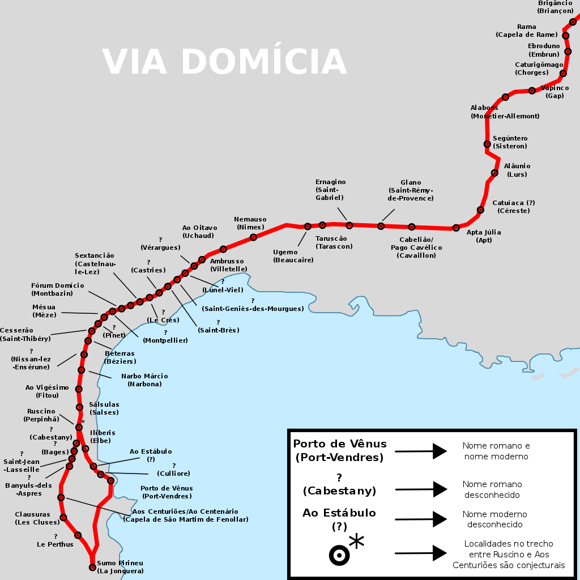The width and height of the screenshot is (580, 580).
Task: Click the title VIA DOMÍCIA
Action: point(224,61)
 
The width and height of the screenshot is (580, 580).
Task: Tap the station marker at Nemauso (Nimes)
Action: point(253,237)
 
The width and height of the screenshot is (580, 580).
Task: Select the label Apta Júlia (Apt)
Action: point(483,236)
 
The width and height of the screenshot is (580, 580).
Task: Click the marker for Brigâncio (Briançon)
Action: point(573,22)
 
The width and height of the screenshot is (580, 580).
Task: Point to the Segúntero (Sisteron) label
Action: point(510,142)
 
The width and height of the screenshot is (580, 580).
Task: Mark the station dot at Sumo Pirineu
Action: point(93,567)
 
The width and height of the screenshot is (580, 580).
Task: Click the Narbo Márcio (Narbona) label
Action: point(144,380)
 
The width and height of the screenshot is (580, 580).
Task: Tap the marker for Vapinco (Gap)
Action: point(532,91)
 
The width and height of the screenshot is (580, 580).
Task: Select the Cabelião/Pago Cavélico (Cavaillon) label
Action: point(416,248)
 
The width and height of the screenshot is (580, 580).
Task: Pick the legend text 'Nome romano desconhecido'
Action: point(492,489)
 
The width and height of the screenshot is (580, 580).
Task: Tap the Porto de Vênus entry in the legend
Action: point(339,450)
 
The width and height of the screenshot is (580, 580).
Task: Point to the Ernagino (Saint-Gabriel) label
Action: point(330,190)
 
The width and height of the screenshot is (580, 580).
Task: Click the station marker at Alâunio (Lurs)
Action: point(494,173)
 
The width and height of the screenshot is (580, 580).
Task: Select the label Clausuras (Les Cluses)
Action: point(37,518)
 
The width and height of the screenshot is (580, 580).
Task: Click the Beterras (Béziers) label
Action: point(120,357)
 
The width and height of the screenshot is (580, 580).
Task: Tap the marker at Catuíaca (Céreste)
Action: point(480,210)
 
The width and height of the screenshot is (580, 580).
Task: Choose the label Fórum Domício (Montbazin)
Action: point(57,289)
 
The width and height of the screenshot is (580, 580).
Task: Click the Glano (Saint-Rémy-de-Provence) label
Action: point(410,190)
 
